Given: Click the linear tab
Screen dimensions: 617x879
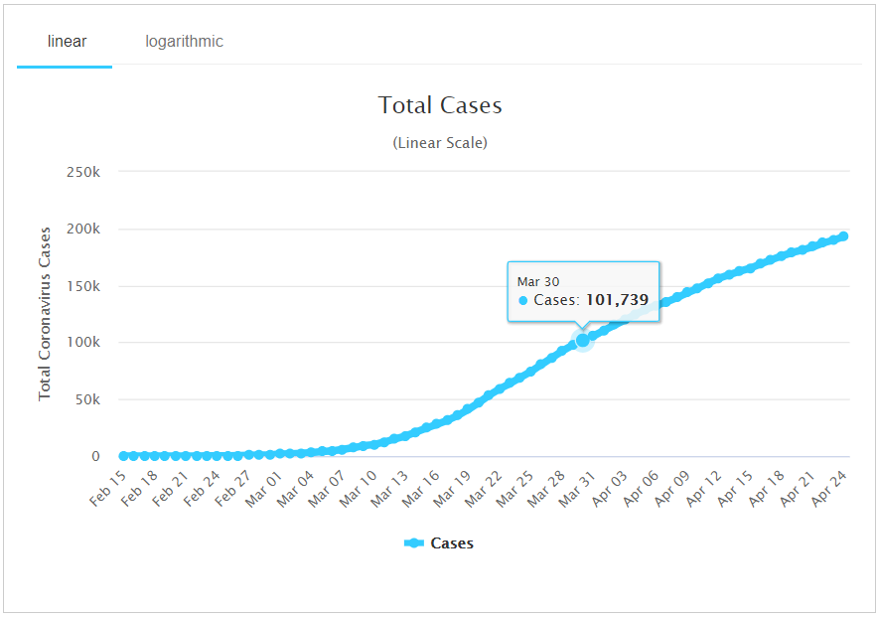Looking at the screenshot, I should pos(67,42).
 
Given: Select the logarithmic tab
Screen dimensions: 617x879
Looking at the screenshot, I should pos(184,42).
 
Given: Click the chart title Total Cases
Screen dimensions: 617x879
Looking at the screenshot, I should pos(440,105).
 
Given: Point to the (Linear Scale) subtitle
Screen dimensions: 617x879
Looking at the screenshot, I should pos(440,142).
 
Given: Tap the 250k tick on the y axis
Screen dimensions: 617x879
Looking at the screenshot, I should pos(82,172).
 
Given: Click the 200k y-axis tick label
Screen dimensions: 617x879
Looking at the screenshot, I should pos(82,229).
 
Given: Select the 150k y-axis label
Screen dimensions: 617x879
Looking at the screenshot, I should pos(82,286).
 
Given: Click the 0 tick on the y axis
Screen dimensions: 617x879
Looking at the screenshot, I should pos(96,456).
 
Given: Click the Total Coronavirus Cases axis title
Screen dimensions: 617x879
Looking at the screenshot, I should pos(45,314).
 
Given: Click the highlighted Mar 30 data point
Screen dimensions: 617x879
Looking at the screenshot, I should pos(583,340).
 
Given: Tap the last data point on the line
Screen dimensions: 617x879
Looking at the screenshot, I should pos(843,236).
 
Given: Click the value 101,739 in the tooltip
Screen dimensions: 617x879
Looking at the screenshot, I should pos(616,299).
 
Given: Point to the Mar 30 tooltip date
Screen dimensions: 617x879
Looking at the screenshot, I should pos(537,281).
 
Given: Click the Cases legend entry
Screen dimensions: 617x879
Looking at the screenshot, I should pos(440,543).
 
